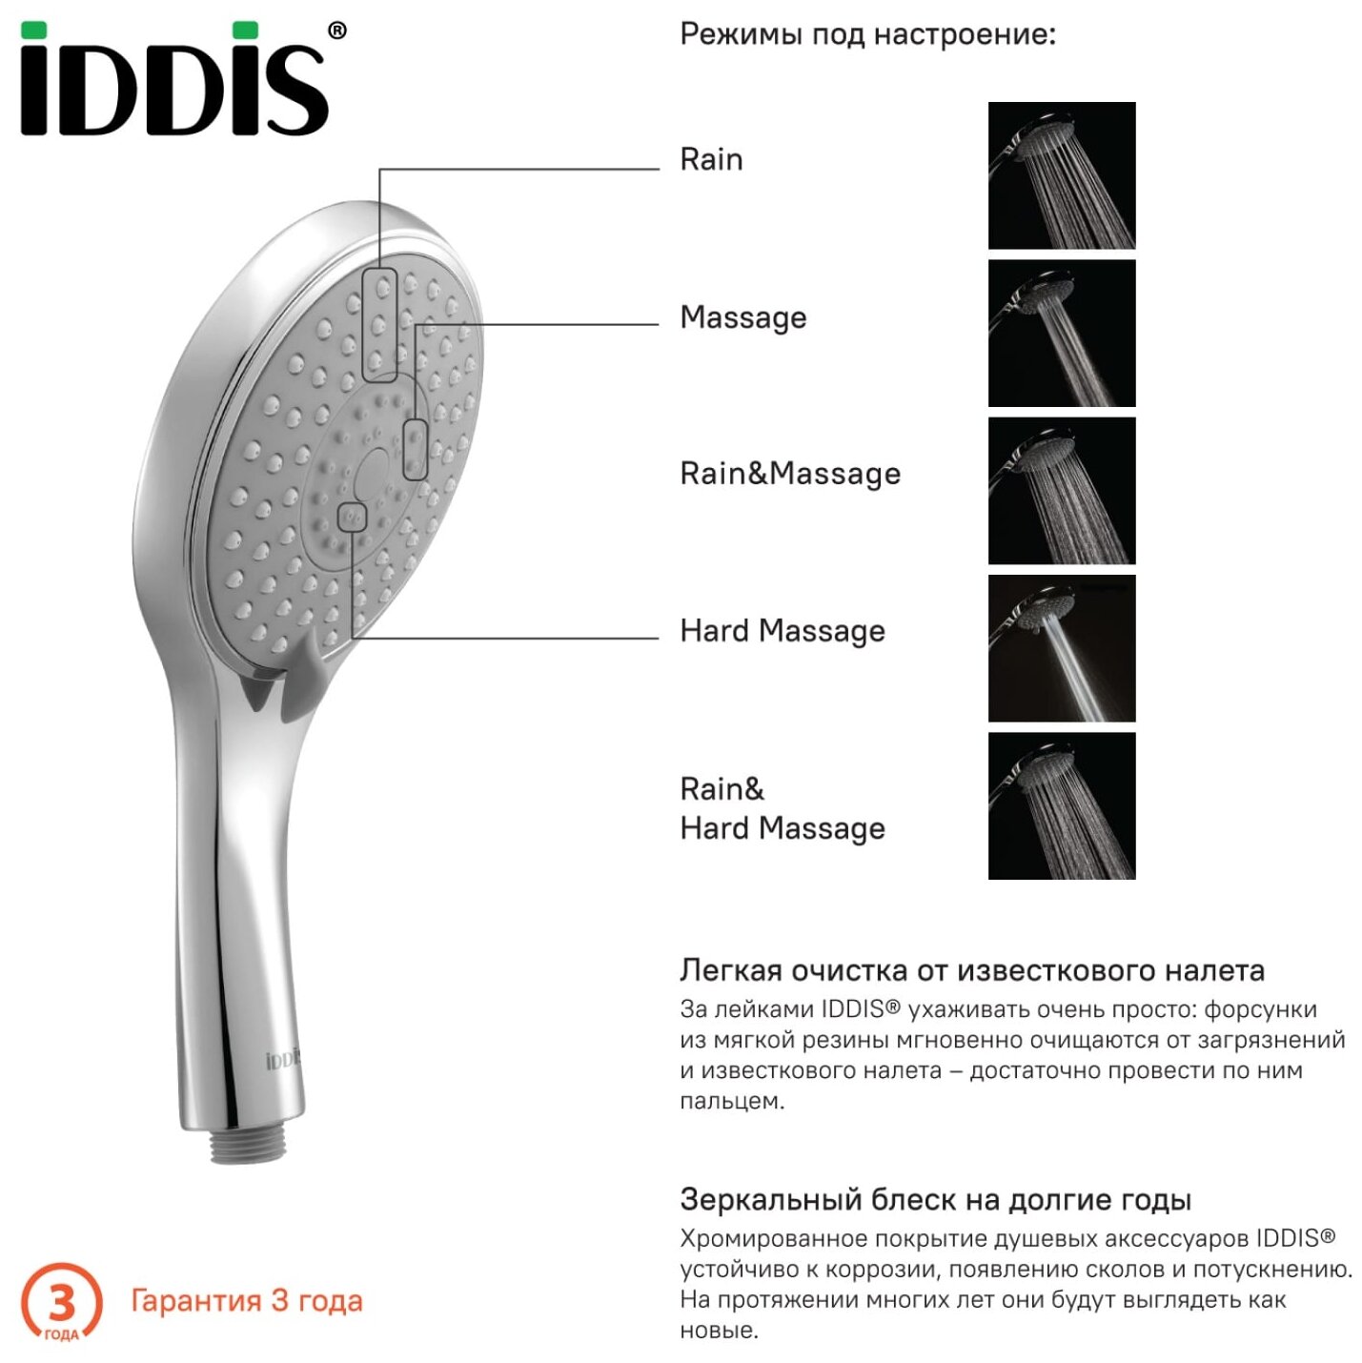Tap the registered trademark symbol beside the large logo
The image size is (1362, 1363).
click(336, 31)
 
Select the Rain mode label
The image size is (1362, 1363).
click(711, 159)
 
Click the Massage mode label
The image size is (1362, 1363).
click(742, 317)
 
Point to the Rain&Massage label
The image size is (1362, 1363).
click(789, 474)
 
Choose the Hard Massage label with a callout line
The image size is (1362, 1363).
click(782, 631)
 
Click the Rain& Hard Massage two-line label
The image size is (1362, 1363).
click(782, 808)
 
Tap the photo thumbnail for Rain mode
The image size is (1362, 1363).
click(1061, 175)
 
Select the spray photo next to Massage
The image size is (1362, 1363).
click(1061, 334)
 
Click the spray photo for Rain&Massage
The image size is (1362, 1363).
click(1061, 491)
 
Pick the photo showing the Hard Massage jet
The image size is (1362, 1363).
click(1061, 648)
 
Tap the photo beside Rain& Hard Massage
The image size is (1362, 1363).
click(1061, 805)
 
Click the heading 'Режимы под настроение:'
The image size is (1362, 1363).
click(867, 35)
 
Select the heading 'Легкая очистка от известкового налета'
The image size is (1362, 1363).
click(971, 970)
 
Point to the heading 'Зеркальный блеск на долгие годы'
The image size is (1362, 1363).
click(935, 1199)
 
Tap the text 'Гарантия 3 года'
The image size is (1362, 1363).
click(246, 1301)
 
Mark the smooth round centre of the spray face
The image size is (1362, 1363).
click(371, 469)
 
